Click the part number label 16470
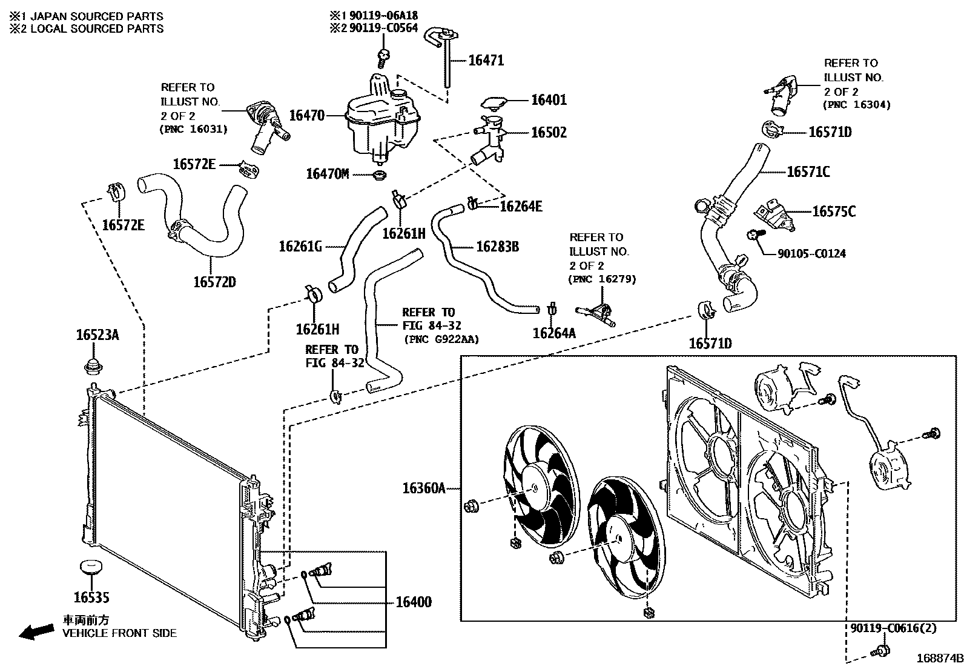[307, 115]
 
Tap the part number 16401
[549, 100]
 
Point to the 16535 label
[91, 598]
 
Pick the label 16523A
[97, 335]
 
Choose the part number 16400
[414, 602]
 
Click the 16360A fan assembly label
[424, 488]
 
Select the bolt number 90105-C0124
[811, 253]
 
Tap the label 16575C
[833, 211]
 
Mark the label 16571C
[808, 172]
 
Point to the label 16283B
[497, 247]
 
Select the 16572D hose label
[215, 282]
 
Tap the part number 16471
[486, 60]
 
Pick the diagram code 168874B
[939, 658]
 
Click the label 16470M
[328, 175]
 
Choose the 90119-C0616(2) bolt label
[893, 628]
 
